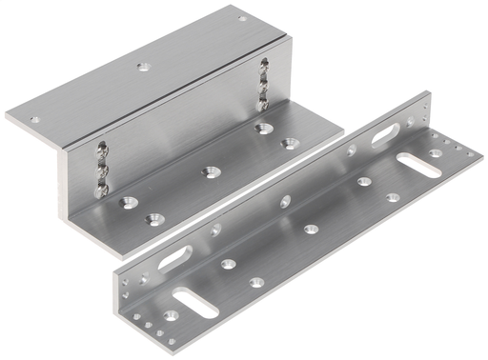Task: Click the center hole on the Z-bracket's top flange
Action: point(143,67)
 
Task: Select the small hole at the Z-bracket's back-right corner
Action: point(242,17)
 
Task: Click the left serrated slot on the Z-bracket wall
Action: point(99,170)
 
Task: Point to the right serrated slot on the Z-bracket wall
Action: point(263,86)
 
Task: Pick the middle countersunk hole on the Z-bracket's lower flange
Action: point(208,172)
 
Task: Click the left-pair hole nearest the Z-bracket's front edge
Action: point(151,220)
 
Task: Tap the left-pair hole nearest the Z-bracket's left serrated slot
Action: point(127,202)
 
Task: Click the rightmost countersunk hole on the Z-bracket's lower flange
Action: point(288,144)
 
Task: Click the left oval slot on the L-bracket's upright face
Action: point(175,258)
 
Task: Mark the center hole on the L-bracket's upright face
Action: point(284,201)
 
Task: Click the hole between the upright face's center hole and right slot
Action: point(351,150)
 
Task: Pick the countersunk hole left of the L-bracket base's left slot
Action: point(170,315)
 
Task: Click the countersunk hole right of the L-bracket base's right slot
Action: point(435,153)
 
